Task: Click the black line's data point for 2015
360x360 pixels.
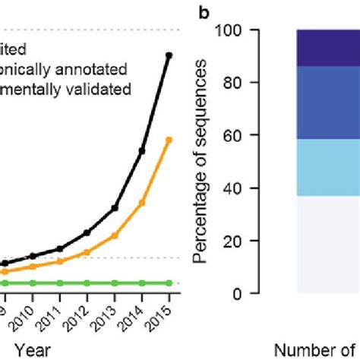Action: click(x=169, y=55)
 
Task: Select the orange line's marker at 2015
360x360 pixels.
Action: click(x=169, y=139)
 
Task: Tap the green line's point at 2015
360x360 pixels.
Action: click(x=169, y=283)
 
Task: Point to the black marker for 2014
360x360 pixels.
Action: click(x=142, y=151)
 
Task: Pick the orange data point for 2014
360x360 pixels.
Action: click(x=142, y=203)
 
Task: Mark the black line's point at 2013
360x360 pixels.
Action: click(x=115, y=207)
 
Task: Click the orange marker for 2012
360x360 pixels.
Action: click(x=87, y=252)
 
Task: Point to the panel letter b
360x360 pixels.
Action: click(x=204, y=12)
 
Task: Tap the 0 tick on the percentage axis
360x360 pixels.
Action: click(x=247, y=293)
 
